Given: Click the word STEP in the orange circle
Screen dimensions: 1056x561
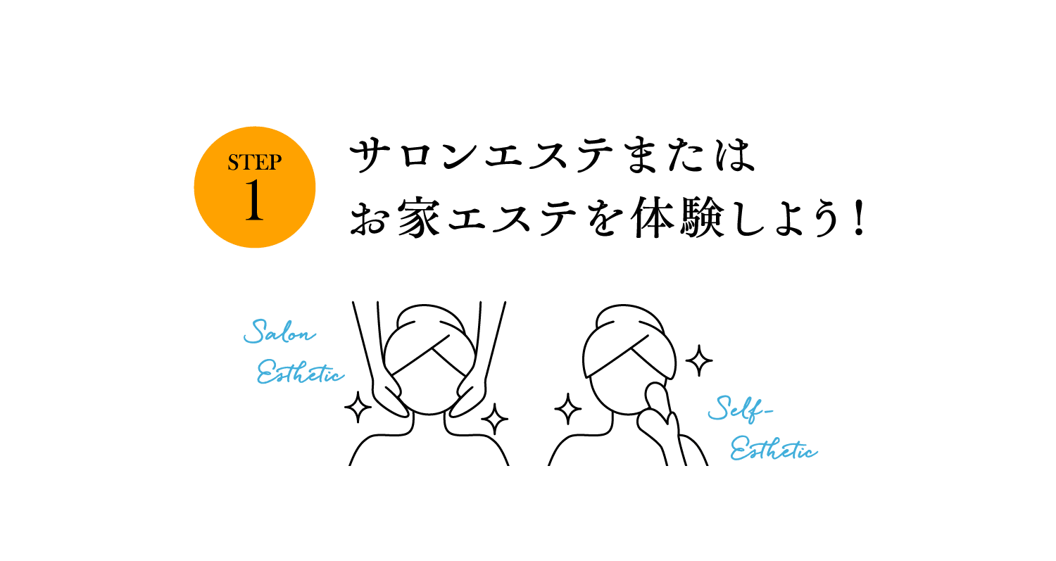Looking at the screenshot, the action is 255,162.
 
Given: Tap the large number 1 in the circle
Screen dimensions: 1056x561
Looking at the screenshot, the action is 254,200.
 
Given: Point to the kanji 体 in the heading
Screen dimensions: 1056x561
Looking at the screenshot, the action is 653,218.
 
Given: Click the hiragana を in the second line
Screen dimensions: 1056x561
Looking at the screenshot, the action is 603,218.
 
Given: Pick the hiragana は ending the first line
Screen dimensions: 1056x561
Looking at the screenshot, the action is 736,155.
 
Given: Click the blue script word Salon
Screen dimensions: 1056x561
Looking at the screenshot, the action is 279,332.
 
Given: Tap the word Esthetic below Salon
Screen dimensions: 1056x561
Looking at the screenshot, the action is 301,372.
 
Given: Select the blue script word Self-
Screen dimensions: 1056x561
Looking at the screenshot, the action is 740,408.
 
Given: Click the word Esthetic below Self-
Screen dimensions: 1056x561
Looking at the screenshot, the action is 774,448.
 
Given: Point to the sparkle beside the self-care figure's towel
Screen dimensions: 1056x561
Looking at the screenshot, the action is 698,360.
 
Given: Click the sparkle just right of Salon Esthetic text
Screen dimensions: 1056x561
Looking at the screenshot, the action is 358,407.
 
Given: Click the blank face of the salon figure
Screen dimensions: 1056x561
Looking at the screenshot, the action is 429,389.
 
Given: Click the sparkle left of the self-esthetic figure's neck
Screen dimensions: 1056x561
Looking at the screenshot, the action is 567,409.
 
